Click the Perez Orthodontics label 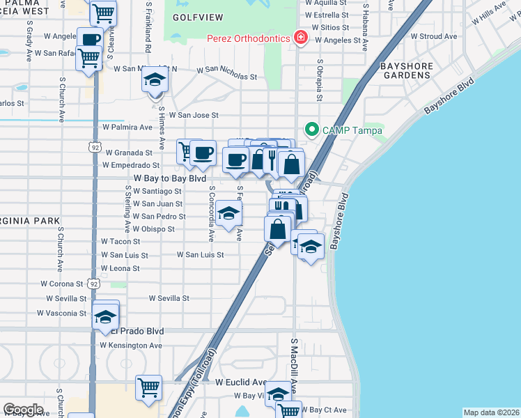[x=248, y=37]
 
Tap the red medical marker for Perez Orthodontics [x=301, y=37]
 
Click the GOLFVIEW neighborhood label [x=192, y=16]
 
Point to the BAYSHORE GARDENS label [x=407, y=70]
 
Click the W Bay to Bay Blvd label [x=171, y=178]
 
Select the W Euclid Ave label [x=240, y=382]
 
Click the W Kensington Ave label [x=131, y=345]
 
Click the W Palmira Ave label [x=127, y=127]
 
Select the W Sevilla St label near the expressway [x=169, y=298]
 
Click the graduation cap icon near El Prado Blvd [x=105, y=316]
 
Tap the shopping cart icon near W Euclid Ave [x=148, y=387]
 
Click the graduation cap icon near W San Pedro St [x=228, y=214]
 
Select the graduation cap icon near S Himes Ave [x=155, y=79]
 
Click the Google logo [x=23, y=410]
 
